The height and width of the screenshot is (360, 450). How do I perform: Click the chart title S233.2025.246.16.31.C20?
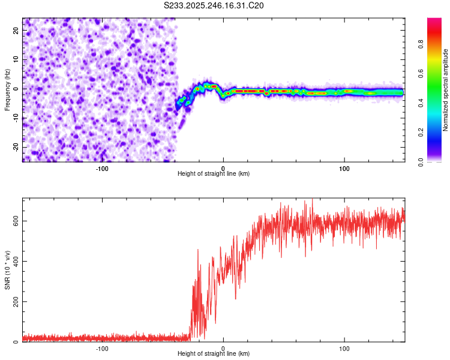click(214, 5)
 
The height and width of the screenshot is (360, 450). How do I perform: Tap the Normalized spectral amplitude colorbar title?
click(446, 91)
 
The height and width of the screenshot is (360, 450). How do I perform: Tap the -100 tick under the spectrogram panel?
click(102, 168)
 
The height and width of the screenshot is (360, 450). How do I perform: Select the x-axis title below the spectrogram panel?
click(214, 174)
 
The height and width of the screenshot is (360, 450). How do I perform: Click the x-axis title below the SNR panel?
click(214, 354)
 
